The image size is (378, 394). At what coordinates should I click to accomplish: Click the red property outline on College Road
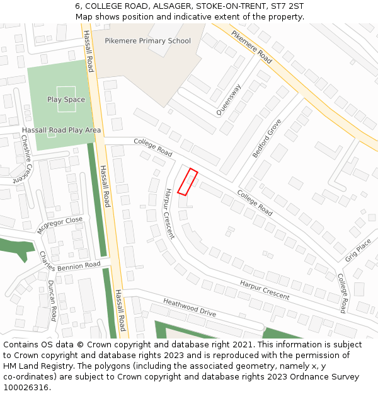pyautogui.click(x=188, y=182)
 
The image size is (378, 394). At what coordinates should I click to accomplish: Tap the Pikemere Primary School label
pyautogui.click(x=147, y=41)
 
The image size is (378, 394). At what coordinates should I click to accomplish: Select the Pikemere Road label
pyautogui.click(x=251, y=47)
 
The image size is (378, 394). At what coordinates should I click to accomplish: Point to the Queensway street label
pyautogui.click(x=229, y=100)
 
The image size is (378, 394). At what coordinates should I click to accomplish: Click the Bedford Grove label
pyautogui.click(x=266, y=139)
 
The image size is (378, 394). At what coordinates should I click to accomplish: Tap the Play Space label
pyautogui.click(x=66, y=100)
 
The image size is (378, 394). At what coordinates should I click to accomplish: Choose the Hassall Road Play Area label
pyautogui.click(x=61, y=130)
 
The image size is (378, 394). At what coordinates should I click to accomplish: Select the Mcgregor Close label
pyautogui.click(x=59, y=225)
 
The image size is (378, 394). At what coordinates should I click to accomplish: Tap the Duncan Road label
pyautogui.click(x=52, y=301)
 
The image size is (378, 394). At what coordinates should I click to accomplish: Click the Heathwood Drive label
pyautogui.click(x=189, y=308)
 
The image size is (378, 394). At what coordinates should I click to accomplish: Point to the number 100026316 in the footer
pyautogui.click(x=25, y=387)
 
